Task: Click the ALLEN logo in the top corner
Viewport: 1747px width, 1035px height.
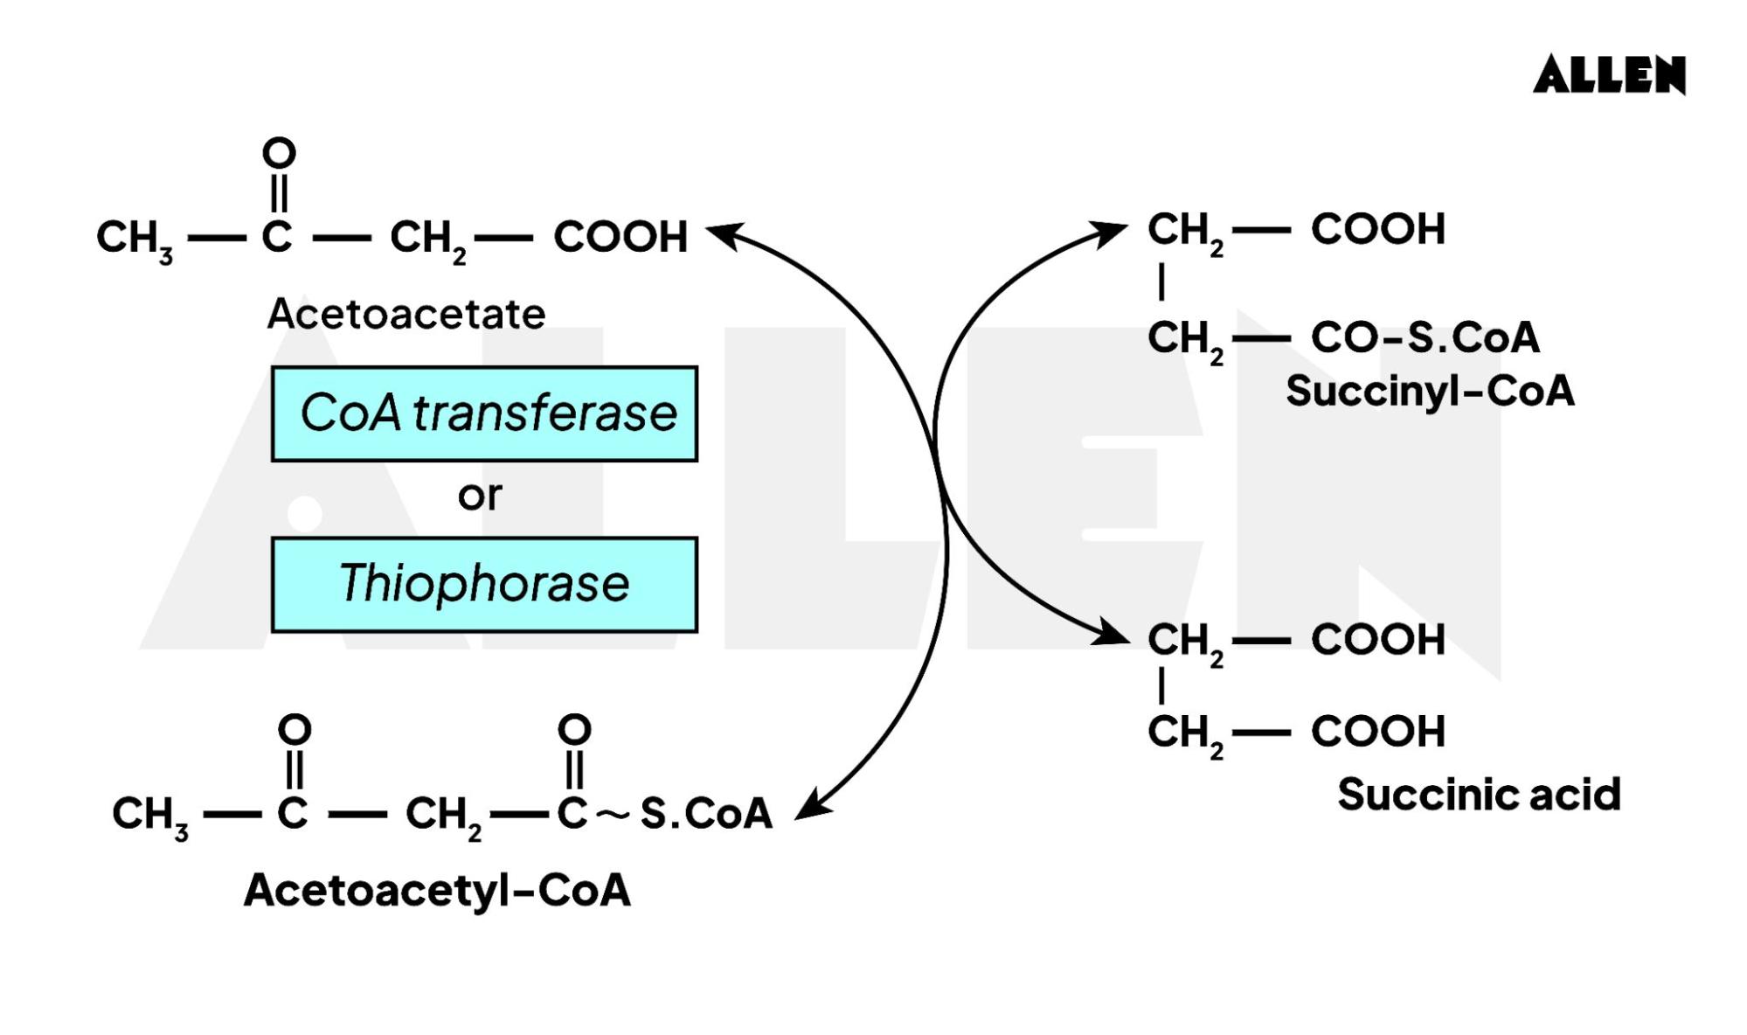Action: [1609, 75]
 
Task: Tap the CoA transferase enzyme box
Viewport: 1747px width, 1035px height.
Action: [484, 413]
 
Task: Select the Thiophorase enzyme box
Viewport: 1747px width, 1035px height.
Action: [484, 584]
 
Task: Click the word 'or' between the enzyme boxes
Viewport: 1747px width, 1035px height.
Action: [480, 496]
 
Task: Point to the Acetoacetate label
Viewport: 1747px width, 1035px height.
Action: [406, 314]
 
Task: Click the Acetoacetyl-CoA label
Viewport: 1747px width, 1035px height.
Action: [437, 891]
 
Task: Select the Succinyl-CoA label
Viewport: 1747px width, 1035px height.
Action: [1430, 391]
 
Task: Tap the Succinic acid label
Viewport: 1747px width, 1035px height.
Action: [1479, 795]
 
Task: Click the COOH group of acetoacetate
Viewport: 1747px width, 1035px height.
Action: [620, 237]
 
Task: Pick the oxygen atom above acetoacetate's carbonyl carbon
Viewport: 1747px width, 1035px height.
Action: [279, 154]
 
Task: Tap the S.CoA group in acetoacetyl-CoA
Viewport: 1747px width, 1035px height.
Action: [706, 814]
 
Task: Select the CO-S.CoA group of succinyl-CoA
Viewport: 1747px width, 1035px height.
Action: [1425, 337]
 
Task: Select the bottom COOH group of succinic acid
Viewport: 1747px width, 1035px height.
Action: [1377, 732]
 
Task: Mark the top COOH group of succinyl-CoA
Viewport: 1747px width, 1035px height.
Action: [1377, 229]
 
